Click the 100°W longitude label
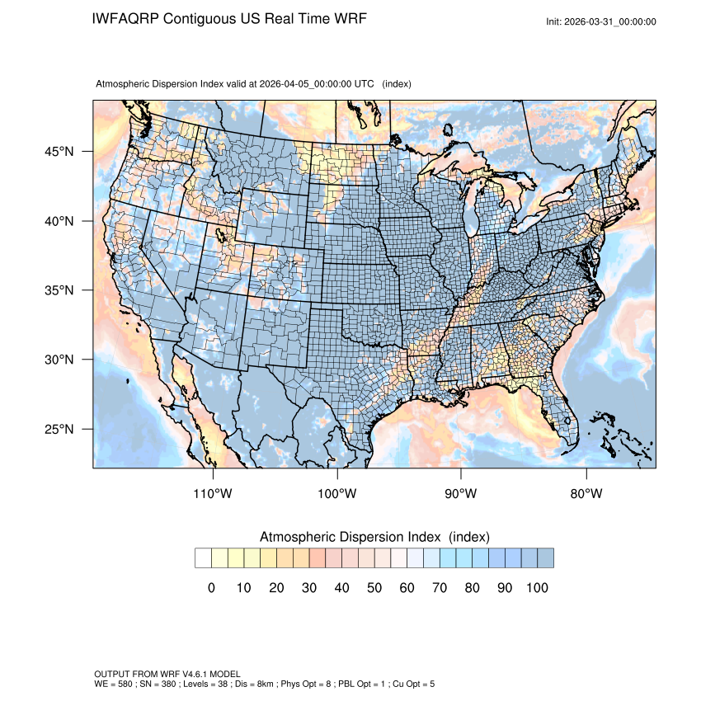coord(337,494)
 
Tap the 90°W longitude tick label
coord(461,494)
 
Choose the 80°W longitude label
coord(586,494)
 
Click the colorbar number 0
coord(211,588)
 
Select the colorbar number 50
coord(374,588)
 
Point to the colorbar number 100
coord(537,588)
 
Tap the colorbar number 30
coord(309,588)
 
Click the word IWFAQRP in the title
coord(126,18)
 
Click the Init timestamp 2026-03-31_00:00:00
coord(611,21)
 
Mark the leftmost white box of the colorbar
coord(203,558)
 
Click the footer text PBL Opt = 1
coord(367,685)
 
